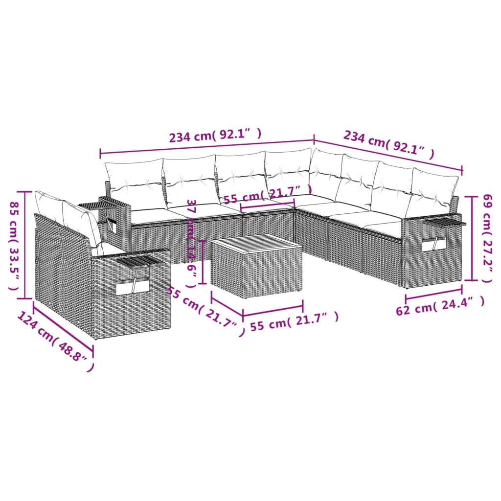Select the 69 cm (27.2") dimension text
coord(486,238)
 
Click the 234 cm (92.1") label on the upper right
coord(389,145)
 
